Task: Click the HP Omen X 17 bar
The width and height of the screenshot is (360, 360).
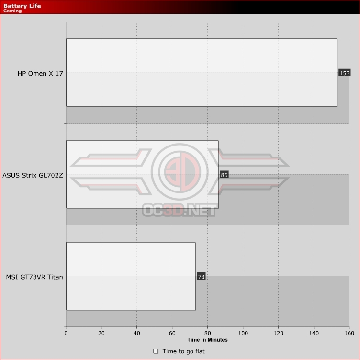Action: click(x=202, y=73)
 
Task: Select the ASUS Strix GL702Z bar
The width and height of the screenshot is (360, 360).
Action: click(x=142, y=174)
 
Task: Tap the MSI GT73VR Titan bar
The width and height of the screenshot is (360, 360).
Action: click(x=131, y=276)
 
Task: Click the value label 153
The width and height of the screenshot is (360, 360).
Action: click(x=344, y=73)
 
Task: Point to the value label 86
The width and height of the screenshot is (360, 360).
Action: click(x=224, y=175)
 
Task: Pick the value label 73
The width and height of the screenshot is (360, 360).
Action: click(x=201, y=277)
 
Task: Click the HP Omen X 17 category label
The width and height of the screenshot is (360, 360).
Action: click(x=40, y=73)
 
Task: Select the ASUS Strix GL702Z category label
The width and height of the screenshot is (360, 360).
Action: click(x=33, y=175)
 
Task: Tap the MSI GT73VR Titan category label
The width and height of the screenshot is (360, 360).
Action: click(x=34, y=277)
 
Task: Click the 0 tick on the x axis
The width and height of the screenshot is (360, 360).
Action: click(x=66, y=333)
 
